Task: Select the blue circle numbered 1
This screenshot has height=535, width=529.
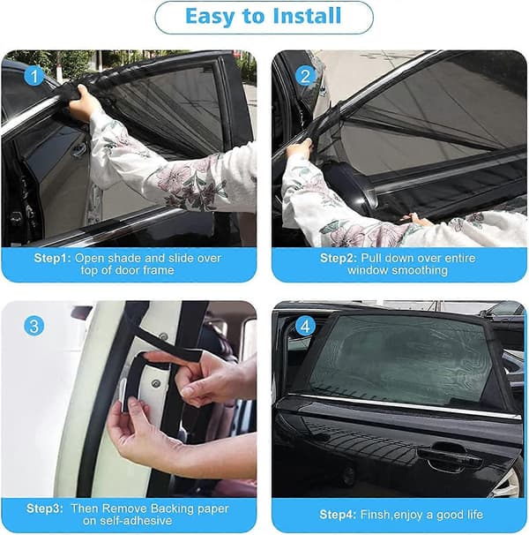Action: tap(34, 75)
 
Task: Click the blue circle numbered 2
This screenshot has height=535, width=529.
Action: tap(305, 75)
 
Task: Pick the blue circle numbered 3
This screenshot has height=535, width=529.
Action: tap(34, 326)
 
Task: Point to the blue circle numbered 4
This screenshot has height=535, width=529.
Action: tap(305, 326)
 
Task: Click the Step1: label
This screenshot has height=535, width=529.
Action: tap(53, 258)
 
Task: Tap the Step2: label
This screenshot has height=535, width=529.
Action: tap(339, 258)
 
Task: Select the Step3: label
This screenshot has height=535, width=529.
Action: tap(45, 509)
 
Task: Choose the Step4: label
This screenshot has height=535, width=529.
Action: tap(338, 514)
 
